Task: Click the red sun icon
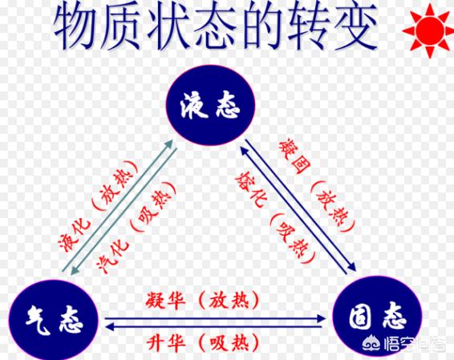point(428,30)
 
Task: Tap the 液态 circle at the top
point(210,105)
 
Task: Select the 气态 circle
point(53,321)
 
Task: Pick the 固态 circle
point(377,318)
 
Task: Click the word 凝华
point(165,300)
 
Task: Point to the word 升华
point(165,343)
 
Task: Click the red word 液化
point(75,236)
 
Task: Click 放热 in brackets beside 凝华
point(229,300)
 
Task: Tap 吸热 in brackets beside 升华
point(229,343)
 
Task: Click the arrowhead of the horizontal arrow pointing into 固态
point(322,318)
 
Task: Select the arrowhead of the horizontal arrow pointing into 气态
point(109,327)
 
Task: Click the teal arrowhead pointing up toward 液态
point(168,144)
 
